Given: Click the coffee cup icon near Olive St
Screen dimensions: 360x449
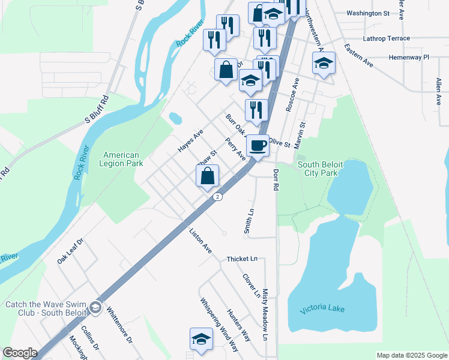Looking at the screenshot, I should tap(258, 146).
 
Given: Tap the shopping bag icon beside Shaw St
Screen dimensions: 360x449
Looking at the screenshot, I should tap(208, 176).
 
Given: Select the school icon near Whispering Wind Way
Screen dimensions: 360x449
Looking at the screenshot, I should tap(201, 339).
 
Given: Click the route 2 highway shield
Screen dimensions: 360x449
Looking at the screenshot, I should tap(218, 197).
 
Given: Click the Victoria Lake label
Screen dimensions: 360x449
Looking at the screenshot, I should tap(322, 308).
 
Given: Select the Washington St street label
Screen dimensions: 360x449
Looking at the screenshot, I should tap(368, 13).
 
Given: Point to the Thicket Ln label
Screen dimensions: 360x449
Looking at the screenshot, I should tap(241, 259).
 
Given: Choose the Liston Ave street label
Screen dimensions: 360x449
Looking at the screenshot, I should tap(200, 241).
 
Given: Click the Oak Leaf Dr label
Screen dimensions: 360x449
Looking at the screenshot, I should tap(70, 251).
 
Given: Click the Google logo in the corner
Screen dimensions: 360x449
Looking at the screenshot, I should tap(19, 353).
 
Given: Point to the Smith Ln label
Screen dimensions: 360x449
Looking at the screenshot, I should tap(250, 221).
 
